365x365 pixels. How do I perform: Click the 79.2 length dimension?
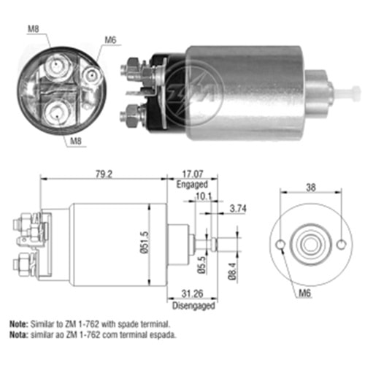click(x=104, y=174)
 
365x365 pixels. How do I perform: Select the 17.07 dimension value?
click(x=193, y=174)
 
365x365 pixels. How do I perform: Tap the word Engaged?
click(x=192, y=185)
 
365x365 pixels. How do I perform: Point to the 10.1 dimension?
click(x=204, y=196)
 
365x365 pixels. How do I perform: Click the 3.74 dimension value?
click(x=238, y=209)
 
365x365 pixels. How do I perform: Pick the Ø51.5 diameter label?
click(x=145, y=242)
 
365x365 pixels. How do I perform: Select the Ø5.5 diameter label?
click(x=201, y=265)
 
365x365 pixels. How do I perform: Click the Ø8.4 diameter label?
click(x=232, y=272)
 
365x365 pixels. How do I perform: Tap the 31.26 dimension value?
click(x=192, y=293)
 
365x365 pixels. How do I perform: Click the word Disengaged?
click(x=193, y=306)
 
